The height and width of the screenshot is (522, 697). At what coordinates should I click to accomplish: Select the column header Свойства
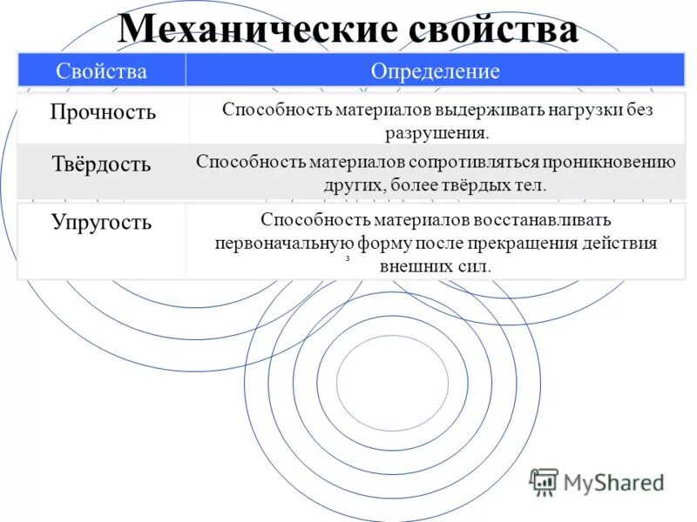(x=102, y=71)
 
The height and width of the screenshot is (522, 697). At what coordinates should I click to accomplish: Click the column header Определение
(x=436, y=71)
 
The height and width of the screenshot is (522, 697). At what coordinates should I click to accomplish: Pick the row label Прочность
(x=103, y=112)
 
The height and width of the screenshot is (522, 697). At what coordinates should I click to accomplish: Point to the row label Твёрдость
(x=100, y=164)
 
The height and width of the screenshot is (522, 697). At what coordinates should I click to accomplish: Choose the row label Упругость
(x=101, y=222)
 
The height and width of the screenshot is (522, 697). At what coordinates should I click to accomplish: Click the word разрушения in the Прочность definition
(x=435, y=133)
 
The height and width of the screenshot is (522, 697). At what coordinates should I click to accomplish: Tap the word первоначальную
(x=283, y=243)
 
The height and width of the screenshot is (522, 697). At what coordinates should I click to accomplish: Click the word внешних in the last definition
(x=413, y=265)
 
